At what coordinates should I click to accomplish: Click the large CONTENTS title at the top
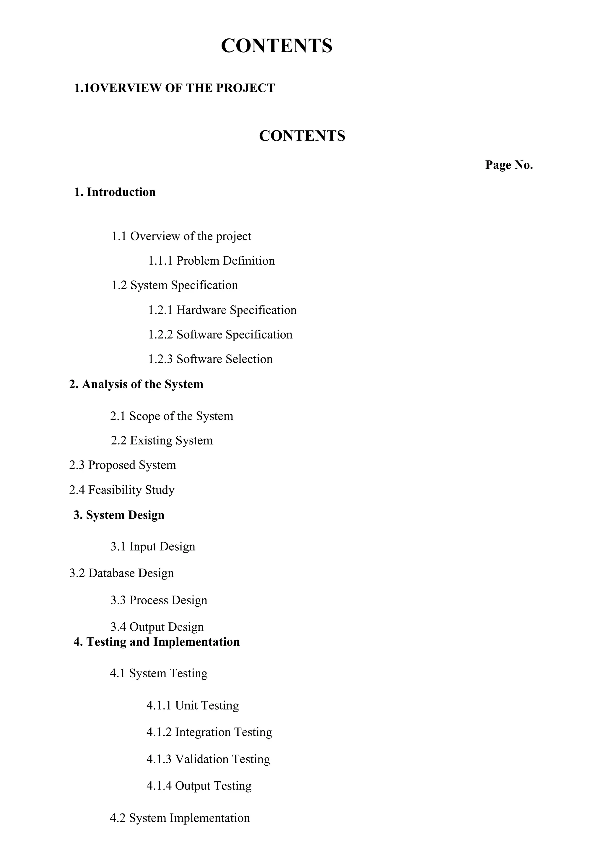(276, 46)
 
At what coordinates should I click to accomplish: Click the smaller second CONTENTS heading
(302, 136)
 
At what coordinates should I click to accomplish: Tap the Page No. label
(509, 165)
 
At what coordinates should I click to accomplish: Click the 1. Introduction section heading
(115, 192)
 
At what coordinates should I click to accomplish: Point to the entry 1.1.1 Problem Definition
(211, 261)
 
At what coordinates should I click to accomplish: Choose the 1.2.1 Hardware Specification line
(222, 310)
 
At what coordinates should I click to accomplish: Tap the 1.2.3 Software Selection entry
(210, 359)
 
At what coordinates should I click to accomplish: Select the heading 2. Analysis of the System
(136, 384)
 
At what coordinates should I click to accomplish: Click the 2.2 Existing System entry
(162, 440)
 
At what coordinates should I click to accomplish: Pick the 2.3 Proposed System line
(122, 465)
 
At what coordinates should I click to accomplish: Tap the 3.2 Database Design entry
(121, 573)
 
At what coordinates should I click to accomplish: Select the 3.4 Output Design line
(157, 627)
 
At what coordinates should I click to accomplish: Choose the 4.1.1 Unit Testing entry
(192, 705)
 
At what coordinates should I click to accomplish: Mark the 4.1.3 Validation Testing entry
(208, 759)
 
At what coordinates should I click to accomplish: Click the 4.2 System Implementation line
(180, 818)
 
